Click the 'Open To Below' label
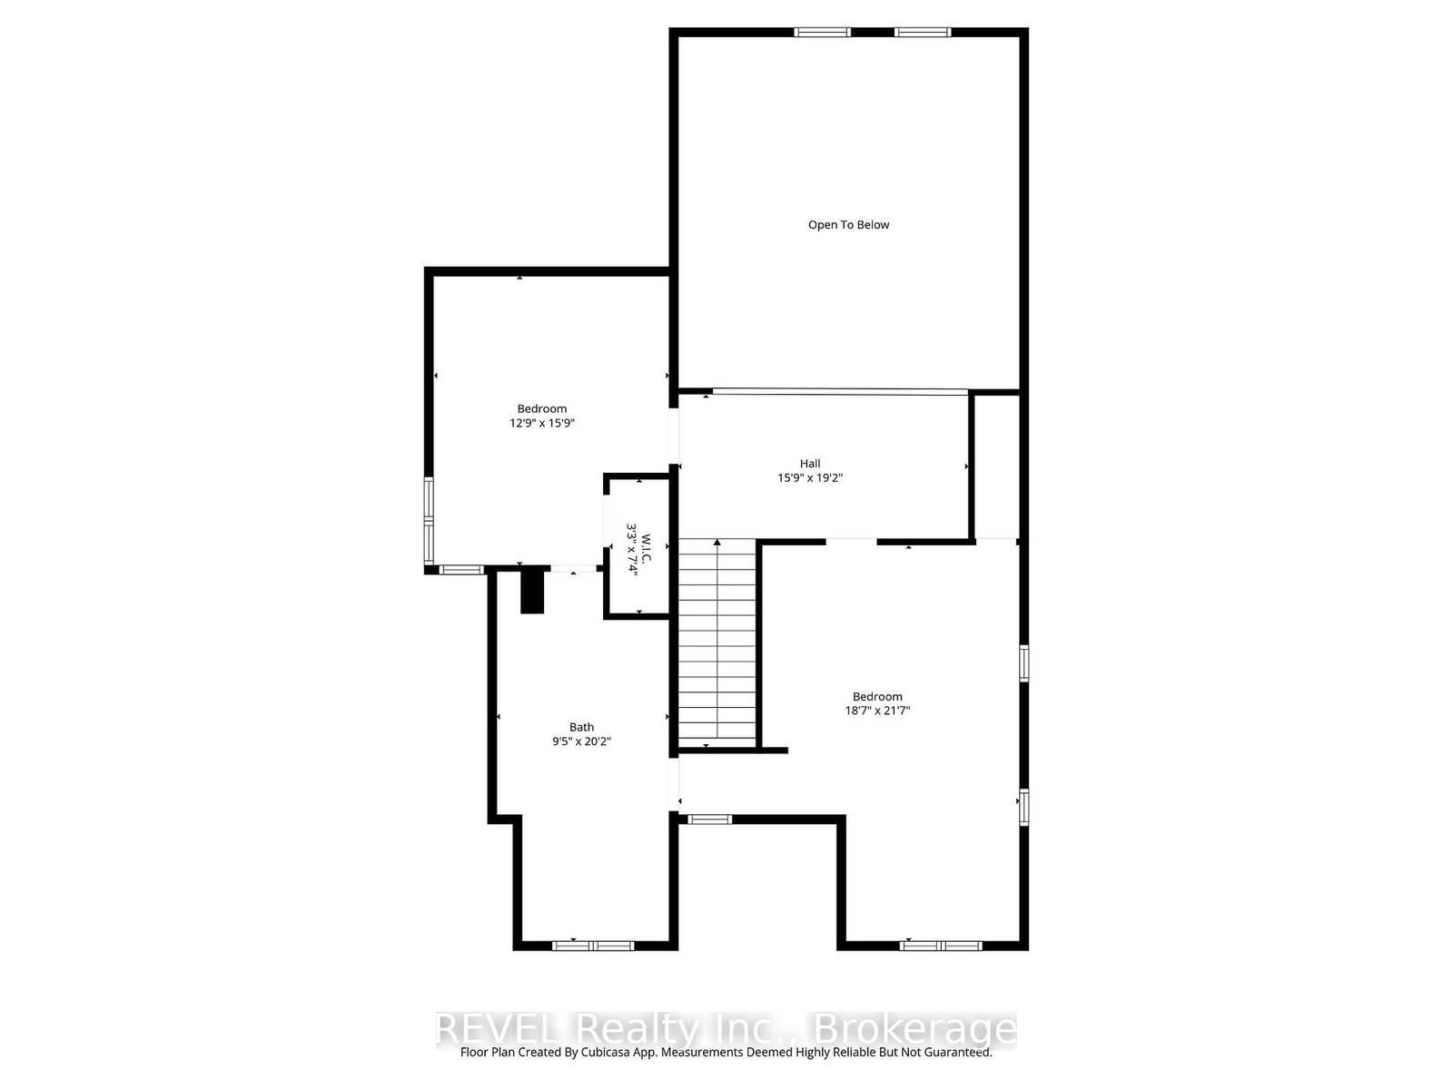[x=848, y=225]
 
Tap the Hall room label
[x=810, y=464]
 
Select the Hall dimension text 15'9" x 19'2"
[x=810, y=478]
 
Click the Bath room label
[x=582, y=727]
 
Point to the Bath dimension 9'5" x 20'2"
[x=582, y=741]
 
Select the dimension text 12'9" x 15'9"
[x=542, y=423]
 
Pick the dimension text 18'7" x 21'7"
[x=877, y=711]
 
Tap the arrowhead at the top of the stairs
[x=717, y=543]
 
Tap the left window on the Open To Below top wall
[x=822, y=33]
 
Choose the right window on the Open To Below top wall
[x=923, y=33]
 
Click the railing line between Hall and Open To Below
[x=840, y=392]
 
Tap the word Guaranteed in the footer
[x=954, y=1053]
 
